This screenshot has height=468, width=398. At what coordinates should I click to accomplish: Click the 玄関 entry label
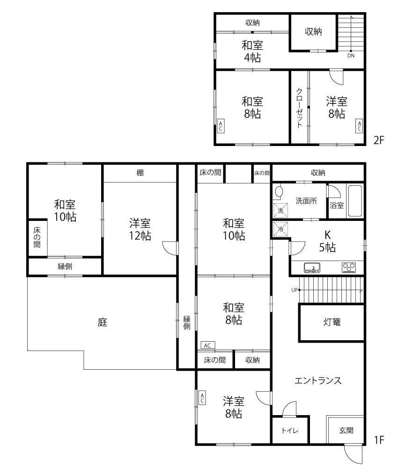(x=346, y=430)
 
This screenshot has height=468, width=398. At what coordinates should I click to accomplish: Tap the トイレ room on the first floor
(x=290, y=431)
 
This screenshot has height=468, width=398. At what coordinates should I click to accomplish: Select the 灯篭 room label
(x=332, y=322)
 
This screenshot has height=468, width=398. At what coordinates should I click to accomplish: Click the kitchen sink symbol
(x=312, y=268)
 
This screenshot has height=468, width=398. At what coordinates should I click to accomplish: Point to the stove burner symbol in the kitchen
(x=349, y=267)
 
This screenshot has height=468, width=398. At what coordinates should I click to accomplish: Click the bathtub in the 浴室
(x=355, y=201)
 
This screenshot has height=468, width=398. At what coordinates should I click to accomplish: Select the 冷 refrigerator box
(x=280, y=229)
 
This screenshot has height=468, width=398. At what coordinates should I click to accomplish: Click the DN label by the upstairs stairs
(x=351, y=56)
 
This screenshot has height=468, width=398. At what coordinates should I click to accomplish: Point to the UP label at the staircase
(x=295, y=290)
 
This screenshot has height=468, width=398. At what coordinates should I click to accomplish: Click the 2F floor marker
(x=379, y=140)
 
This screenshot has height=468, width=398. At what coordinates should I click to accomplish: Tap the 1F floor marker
(x=379, y=440)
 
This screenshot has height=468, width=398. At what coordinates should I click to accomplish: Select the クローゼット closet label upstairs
(x=300, y=108)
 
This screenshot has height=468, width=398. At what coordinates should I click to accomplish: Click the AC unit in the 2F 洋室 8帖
(x=359, y=126)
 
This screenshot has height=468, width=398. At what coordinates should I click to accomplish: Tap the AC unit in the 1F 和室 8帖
(x=208, y=345)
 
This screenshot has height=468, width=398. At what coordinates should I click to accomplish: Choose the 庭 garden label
(x=103, y=322)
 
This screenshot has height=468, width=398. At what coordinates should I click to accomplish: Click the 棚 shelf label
(x=140, y=173)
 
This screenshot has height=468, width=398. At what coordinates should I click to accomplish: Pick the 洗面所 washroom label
(x=306, y=201)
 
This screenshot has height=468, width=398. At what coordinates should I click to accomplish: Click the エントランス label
(x=318, y=380)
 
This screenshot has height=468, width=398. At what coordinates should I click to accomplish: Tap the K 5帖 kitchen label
(x=328, y=241)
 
